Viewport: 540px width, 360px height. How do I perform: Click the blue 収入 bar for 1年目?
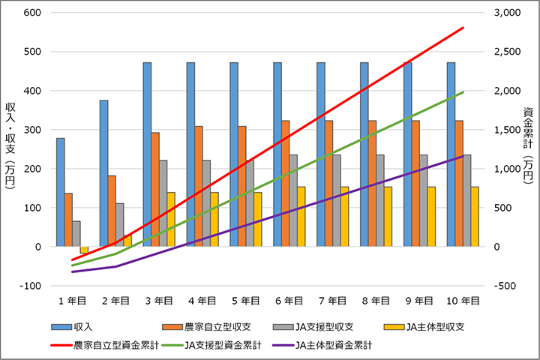[x=60, y=192]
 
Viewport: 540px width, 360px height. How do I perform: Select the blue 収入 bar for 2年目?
[x=103, y=173]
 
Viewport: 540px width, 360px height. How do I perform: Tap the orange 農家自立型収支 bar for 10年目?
[x=460, y=183]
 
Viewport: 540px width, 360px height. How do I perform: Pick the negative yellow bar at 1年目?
[x=85, y=250]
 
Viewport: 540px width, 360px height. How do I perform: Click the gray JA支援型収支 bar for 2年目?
[x=120, y=224]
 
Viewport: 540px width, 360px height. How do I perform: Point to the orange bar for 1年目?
[x=68, y=220]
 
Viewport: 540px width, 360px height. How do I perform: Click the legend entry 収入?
[x=75, y=328]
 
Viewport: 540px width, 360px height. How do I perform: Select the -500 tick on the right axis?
[x=507, y=286]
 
